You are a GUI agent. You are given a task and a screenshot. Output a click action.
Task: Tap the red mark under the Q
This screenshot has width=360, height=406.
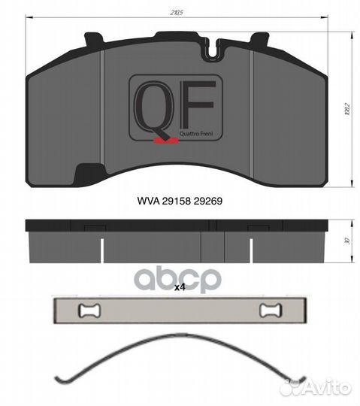pos(161,141)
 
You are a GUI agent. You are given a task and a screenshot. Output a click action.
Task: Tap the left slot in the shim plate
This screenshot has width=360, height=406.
pos(89,310)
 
